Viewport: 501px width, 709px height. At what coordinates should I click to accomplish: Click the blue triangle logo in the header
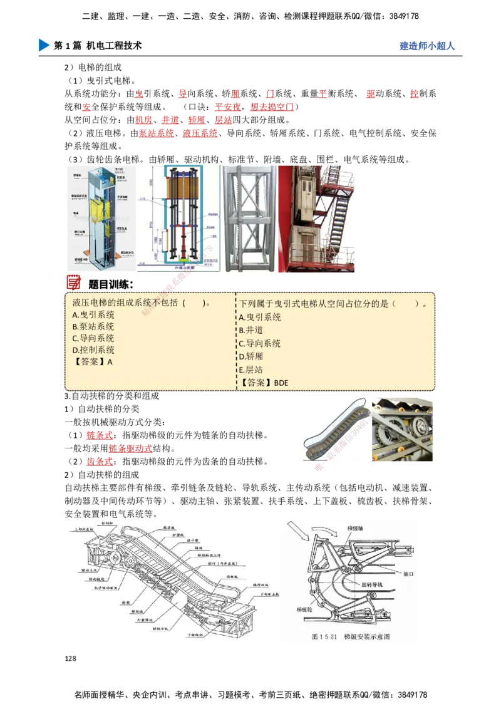click(x=43, y=46)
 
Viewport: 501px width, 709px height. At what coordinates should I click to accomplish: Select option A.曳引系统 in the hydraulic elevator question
click(x=93, y=315)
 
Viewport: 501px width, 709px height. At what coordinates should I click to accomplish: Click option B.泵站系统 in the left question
click(x=93, y=326)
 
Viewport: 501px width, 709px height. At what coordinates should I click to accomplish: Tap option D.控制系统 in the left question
click(x=93, y=350)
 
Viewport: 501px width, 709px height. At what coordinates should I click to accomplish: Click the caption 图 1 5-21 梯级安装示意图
click(x=351, y=636)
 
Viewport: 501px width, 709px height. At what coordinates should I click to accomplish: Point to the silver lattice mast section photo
click(x=249, y=219)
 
